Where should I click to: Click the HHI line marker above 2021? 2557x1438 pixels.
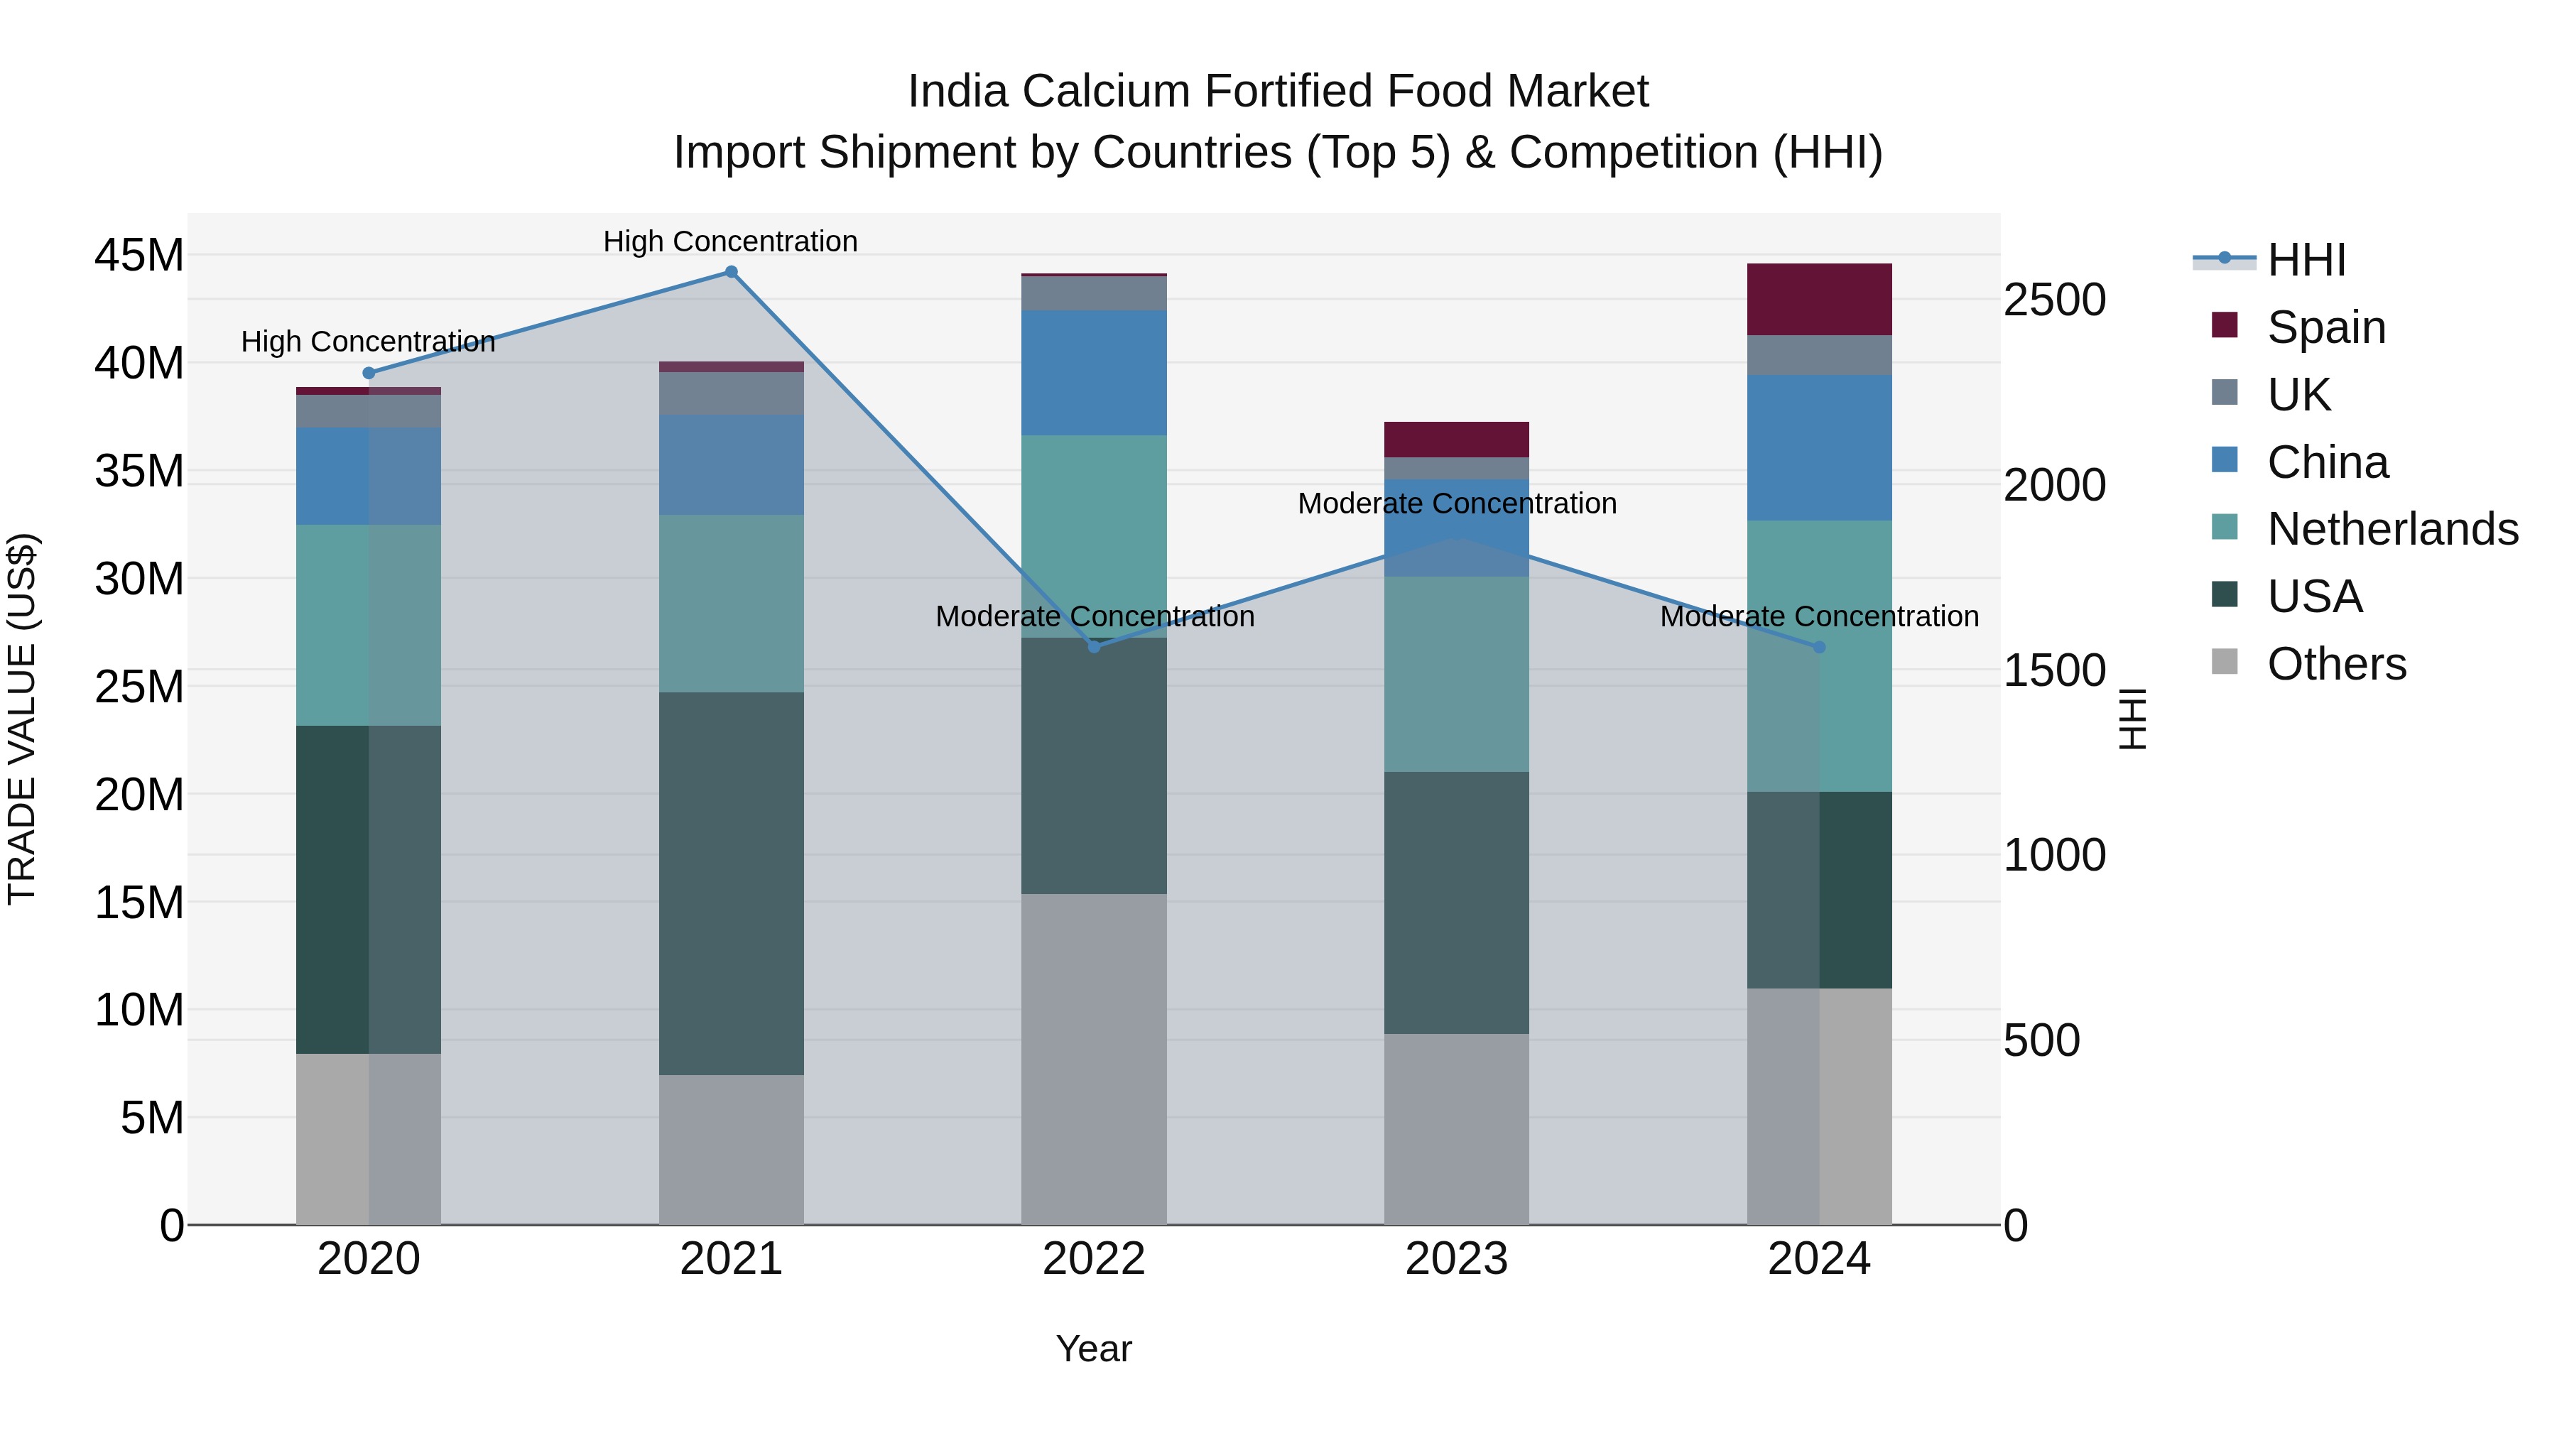point(731,272)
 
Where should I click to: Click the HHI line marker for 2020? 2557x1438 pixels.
point(368,373)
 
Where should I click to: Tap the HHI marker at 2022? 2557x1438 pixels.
point(1094,646)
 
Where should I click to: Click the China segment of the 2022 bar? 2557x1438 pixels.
point(1094,372)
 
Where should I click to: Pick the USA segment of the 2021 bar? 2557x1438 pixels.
point(731,883)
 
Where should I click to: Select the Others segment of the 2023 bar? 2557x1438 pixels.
point(1456,1129)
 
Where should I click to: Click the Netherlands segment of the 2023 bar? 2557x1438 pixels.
point(1456,674)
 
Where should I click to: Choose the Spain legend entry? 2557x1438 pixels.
point(2325,327)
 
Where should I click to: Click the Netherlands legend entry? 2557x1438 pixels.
point(2392,529)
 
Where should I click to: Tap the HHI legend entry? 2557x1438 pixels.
point(2305,260)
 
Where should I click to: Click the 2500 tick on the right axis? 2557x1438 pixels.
point(2053,300)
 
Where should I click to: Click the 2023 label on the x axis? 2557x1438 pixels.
point(1456,1259)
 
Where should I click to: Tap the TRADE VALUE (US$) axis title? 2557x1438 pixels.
point(23,719)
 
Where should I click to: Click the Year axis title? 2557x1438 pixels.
point(1093,1349)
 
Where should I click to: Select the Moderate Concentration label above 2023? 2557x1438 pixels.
point(1456,503)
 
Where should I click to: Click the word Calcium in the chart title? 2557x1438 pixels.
point(1106,92)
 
